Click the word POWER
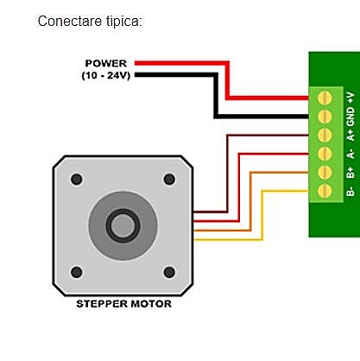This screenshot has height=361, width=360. point(106,63)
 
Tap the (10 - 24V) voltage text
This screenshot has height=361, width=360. point(105,75)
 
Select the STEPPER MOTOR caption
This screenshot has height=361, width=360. point(123,304)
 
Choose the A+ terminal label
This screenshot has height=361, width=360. point(350,134)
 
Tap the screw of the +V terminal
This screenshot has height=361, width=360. point(325,97)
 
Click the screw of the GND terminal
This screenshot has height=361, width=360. point(325,116)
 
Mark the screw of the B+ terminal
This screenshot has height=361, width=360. point(325,172)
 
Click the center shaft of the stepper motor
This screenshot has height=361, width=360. point(123,225)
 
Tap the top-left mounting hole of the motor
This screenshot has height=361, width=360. point(77,180)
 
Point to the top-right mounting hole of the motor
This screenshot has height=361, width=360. point(168,180)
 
